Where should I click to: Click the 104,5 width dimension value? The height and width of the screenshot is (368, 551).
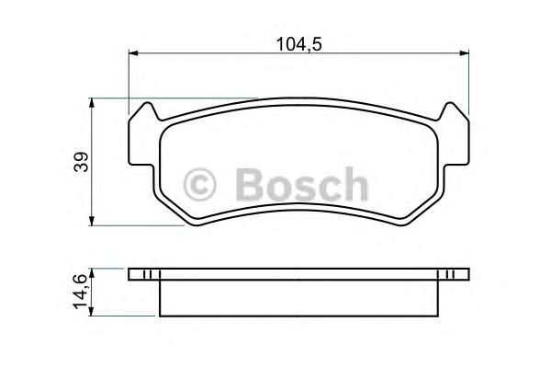(x=299, y=44)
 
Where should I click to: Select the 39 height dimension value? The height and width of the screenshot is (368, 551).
(x=81, y=162)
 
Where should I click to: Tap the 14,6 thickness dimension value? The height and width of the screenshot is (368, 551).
(x=79, y=292)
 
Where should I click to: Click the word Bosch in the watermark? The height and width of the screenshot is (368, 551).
(x=301, y=185)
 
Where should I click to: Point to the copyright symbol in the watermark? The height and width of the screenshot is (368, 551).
(x=199, y=185)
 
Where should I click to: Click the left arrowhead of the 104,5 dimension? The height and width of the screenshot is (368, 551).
(x=133, y=53)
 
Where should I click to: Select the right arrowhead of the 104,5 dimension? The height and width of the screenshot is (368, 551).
(x=464, y=53)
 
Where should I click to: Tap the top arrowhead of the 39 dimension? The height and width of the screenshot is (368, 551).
(x=92, y=103)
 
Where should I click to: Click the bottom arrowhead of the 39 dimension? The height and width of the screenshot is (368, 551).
(x=92, y=221)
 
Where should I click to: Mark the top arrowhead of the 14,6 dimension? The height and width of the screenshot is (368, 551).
(x=91, y=273)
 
